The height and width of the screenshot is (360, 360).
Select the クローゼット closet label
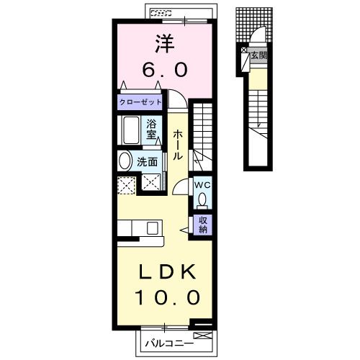pyautogui.click(x=142, y=102)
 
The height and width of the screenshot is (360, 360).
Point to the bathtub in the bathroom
pyautogui.click(x=131, y=131)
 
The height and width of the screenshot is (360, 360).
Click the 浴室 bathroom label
pyautogui.click(x=152, y=129)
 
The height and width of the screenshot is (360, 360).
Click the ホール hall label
pyautogui.click(x=177, y=144)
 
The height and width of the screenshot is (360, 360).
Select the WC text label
pyautogui.click(x=202, y=184)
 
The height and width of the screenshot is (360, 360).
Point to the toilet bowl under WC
pyautogui.click(x=203, y=199)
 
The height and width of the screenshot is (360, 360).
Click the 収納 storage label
pyautogui.click(x=203, y=225)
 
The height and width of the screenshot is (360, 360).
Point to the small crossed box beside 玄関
pyautogui.click(x=246, y=53)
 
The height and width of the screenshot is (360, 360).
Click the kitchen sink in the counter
pyautogui.click(x=152, y=228)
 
